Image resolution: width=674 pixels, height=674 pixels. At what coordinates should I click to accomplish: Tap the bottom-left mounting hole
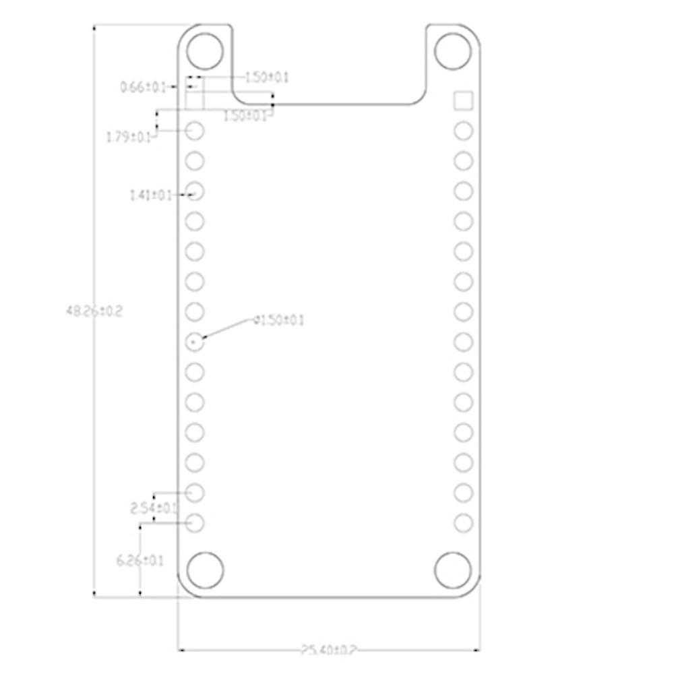(205, 570)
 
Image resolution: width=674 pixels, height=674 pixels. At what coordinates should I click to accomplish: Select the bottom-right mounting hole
(452, 570)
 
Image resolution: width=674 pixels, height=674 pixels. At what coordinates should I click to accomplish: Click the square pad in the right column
(463, 101)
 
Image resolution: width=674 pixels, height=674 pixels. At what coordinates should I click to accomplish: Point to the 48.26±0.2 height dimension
(94, 311)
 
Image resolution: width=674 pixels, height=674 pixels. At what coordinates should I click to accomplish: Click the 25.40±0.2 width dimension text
(328, 650)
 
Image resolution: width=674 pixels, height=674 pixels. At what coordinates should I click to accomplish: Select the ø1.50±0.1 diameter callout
(278, 320)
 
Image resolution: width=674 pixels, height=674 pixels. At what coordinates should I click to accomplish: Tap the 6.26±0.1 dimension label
(140, 560)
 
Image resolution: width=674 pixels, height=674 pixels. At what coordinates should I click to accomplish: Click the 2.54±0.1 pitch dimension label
(154, 508)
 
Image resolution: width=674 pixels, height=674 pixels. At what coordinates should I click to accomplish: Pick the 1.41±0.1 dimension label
(151, 195)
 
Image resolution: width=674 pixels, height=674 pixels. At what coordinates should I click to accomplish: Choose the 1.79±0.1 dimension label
(129, 137)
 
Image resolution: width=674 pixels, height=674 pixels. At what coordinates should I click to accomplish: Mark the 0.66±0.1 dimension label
(143, 87)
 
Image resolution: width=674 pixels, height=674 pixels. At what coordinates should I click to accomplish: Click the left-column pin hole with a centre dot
(195, 342)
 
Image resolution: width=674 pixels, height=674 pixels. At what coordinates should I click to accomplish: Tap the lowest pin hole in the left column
(195, 522)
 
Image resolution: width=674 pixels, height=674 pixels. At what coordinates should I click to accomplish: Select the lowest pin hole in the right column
(463, 522)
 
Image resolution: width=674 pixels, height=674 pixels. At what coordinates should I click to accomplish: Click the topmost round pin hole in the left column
(195, 131)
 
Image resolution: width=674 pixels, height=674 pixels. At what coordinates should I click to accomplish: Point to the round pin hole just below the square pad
(463, 131)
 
